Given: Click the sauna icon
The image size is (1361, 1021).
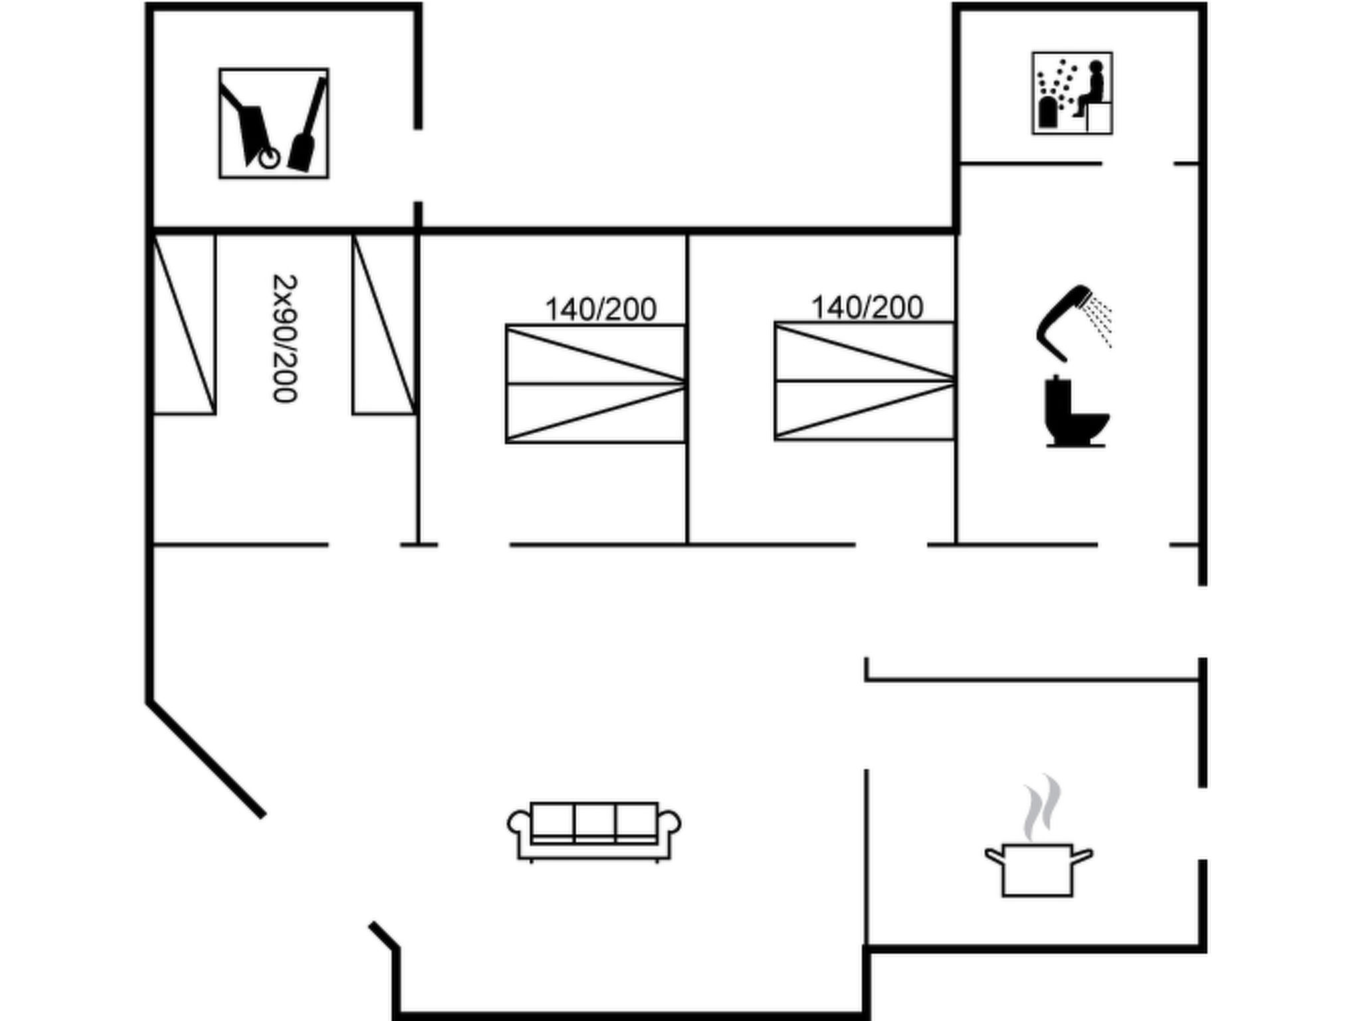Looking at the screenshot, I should tap(1072, 93).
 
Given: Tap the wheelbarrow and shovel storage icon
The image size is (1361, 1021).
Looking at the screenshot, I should tap(274, 123).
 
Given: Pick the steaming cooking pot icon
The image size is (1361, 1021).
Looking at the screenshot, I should tap(1037, 864).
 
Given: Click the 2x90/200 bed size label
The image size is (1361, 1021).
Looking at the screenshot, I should tap(284, 338).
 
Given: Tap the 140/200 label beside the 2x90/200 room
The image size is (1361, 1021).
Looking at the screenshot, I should tap(601, 309).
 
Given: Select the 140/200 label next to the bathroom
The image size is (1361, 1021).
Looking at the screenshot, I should tap(867, 307).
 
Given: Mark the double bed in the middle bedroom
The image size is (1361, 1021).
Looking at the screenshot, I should tap(595, 384).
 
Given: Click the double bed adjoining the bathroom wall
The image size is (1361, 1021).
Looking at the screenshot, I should tap(865, 381).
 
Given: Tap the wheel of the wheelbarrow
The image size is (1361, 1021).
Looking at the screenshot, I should tap(269, 159).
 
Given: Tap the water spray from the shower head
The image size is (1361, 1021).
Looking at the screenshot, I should tap(1100, 319).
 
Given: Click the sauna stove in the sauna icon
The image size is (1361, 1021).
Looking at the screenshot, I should tap(1048, 112).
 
